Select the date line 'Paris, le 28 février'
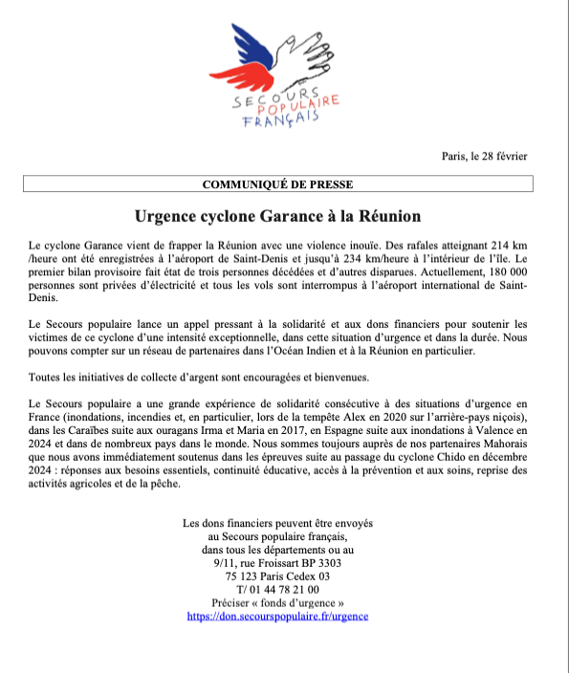[484, 156]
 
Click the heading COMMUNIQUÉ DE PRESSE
[284, 184]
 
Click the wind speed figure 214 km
[510, 247]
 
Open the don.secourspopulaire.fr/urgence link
[277, 617]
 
